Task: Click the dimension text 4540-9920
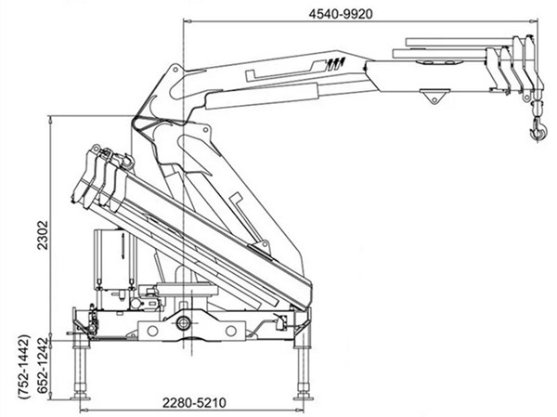(x=345, y=13)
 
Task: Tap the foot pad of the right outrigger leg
(x=302, y=394)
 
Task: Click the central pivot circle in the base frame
(x=184, y=324)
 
